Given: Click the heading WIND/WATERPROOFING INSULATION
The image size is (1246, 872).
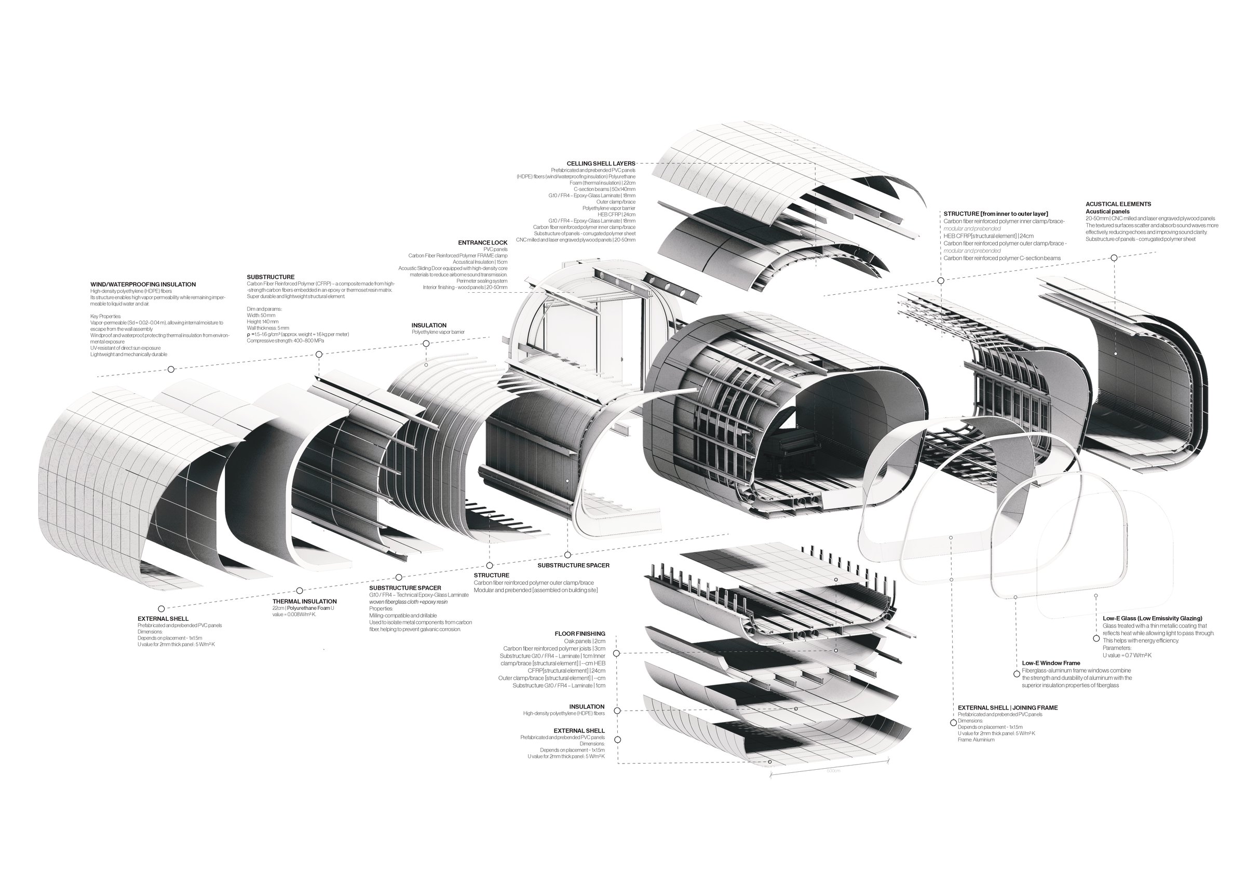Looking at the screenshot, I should [x=143, y=284].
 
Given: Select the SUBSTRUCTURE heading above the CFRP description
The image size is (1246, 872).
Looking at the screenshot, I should [x=270, y=277].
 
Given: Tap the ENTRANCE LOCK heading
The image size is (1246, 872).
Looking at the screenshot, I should [x=482, y=242].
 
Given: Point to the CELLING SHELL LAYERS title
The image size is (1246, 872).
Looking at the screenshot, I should [x=601, y=163].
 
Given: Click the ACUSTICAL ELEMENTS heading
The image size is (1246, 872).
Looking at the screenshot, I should [x=1118, y=204].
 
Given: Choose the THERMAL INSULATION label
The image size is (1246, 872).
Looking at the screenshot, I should [x=304, y=601].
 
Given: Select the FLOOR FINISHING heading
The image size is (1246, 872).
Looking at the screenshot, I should [x=579, y=634].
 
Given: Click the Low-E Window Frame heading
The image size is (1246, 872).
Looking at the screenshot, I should [x=1051, y=663].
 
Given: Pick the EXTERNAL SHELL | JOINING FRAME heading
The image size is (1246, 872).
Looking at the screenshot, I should [x=1007, y=707].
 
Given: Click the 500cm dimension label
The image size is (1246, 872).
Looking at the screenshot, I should [x=833, y=771].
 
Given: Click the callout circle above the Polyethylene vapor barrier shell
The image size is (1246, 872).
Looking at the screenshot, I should [x=426, y=344].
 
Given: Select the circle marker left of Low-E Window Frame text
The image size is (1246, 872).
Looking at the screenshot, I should [x=1017, y=674].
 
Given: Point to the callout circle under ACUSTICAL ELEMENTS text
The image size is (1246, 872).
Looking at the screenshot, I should [x=1114, y=258].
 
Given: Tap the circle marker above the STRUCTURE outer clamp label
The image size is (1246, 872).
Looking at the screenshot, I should [x=490, y=565].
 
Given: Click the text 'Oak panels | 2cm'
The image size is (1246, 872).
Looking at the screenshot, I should [x=585, y=642].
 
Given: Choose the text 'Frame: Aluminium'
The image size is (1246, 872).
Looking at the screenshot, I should [x=976, y=740].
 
